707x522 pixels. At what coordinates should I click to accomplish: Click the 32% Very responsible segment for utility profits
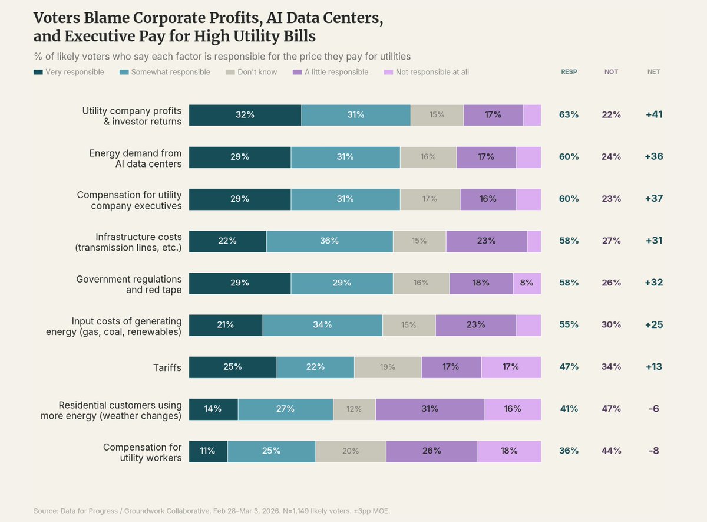[245, 115]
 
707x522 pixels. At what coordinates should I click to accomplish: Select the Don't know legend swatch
[230, 72]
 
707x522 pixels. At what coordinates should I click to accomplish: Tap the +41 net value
[653, 114]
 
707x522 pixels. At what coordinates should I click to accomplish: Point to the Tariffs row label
[167, 367]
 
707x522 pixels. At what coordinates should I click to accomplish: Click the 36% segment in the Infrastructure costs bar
[329, 241]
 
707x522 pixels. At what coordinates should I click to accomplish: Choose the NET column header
[653, 72]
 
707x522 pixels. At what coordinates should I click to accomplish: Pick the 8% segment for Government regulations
[527, 283]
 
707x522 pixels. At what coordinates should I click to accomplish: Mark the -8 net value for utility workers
[653, 451]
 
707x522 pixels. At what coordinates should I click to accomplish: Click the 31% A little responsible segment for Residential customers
[430, 409]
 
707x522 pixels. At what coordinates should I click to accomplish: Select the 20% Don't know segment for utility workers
[351, 451]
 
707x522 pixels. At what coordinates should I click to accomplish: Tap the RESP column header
[569, 72]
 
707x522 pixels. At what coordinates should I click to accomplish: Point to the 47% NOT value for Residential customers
[611, 409]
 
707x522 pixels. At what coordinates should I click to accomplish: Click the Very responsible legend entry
[69, 72]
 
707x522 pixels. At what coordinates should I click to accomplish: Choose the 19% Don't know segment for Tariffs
[388, 367]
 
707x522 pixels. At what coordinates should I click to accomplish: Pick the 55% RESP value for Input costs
[569, 324]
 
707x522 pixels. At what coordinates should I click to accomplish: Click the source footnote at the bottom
[212, 510]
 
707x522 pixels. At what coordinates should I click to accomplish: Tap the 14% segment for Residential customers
[213, 409]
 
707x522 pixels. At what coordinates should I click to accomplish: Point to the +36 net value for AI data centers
[653, 157]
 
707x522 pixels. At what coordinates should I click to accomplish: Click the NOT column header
[611, 72]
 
